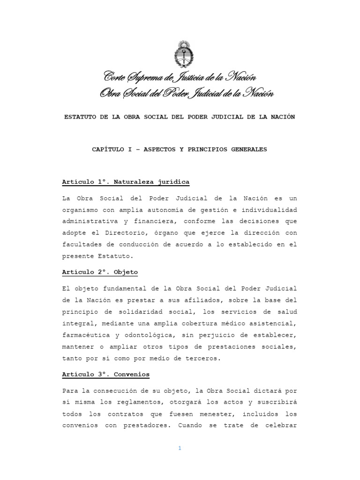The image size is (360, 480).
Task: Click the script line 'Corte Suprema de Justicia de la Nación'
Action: tap(180, 76)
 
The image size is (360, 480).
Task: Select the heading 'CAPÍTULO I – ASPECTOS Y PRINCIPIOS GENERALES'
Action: tap(179, 150)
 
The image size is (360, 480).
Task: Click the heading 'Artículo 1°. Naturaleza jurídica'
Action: tap(126, 182)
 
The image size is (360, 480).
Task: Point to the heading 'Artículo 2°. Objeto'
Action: tap(100, 272)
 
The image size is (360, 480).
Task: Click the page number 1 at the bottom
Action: tap(180, 448)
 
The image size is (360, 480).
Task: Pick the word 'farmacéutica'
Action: tap(82, 335)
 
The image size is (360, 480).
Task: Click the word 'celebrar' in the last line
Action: tap(280, 426)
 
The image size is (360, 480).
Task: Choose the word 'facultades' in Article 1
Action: tap(81, 244)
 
